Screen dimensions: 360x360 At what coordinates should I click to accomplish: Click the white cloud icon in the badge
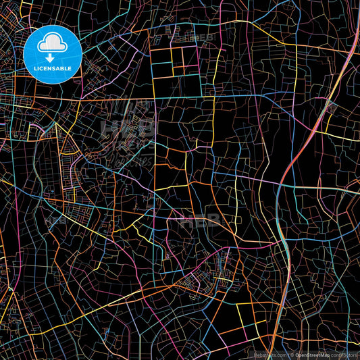[x=53, y=44]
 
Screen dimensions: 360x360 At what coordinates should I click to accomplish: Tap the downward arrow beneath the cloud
[x=53, y=57]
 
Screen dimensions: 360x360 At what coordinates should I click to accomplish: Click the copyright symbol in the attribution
[x=292, y=354]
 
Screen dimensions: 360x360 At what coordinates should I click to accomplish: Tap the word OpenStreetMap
[x=312, y=354]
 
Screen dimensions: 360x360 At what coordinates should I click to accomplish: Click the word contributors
[x=344, y=354]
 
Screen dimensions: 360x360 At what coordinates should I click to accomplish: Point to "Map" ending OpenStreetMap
[x=324, y=354]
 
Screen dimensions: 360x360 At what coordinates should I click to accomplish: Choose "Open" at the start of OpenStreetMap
[x=301, y=354]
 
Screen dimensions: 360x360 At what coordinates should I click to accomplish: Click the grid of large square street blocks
[x=178, y=64]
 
